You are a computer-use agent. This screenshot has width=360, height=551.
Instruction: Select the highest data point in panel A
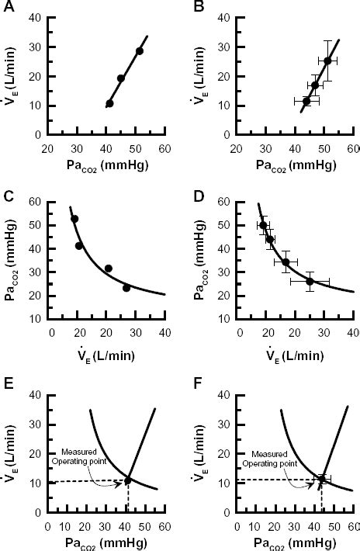tap(140, 51)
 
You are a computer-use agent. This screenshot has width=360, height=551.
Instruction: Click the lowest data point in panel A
tap(109, 103)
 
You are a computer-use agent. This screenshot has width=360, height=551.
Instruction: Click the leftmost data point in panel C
tap(74, 219)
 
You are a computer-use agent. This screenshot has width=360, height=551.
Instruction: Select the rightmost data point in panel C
tap(126, 288)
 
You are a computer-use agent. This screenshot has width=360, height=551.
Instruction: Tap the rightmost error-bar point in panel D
tap(310, 281)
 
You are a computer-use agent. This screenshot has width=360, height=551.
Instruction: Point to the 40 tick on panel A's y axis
tap(36, 18)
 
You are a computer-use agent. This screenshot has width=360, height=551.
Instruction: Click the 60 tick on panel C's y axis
tap(36, 202)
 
